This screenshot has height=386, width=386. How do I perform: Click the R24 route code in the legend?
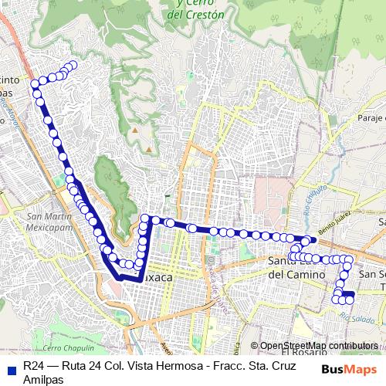(x=33, y=365)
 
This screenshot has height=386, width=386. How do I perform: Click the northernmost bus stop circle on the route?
(x=73, y=65)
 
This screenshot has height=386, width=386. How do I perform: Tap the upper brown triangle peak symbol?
(x=136, y=129)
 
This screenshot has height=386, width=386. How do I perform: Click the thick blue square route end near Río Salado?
(x=348, y=294)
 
